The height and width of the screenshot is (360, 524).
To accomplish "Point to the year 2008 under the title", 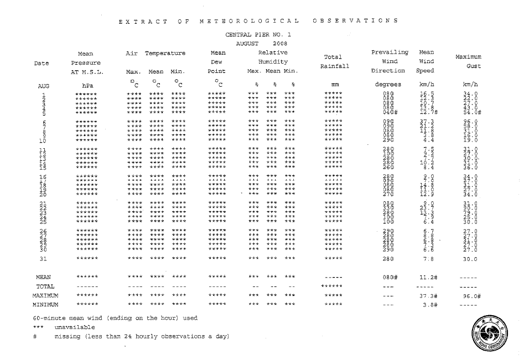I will click(280, 43).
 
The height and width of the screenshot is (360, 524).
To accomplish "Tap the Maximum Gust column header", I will click(469, 61).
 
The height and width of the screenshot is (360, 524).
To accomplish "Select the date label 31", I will click(44, 258).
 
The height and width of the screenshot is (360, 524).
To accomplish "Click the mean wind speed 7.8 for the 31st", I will click(427, 258).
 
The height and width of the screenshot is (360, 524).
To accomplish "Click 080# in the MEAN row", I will click(390, 276).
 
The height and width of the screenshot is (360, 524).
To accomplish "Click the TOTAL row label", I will click(45, 286).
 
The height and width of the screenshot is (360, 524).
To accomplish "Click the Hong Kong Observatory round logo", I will click(487, 334).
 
